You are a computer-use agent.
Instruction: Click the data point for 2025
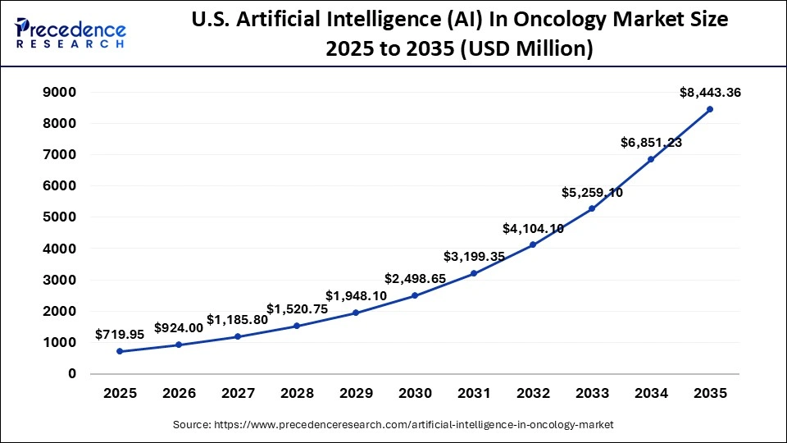click(x=120, y=351)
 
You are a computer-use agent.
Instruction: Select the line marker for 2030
click(x=415, y=295)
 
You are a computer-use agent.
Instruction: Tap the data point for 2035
click(x=710, y=109)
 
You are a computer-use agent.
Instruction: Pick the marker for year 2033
click(x=592, y=208)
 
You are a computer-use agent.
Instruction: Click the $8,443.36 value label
click(x=710, y=93)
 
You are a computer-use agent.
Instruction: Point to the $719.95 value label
click(x=120, y=335)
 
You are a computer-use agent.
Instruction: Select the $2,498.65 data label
click(x=415, y=279)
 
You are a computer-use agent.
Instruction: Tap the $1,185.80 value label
click(x=237, y=319)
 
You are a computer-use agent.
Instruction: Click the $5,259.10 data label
click(x=592, y=192)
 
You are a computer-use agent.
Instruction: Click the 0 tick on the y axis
click(x=71, y=374)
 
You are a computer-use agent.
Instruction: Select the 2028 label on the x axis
click(x=297, y=394)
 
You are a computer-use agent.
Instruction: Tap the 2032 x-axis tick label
click(x=533, y=394)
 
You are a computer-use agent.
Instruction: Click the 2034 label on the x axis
click(x=651, y=394)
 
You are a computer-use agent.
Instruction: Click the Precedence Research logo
click(x=70, y=34)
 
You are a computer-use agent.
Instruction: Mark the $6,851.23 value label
click(x=651, y=143)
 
